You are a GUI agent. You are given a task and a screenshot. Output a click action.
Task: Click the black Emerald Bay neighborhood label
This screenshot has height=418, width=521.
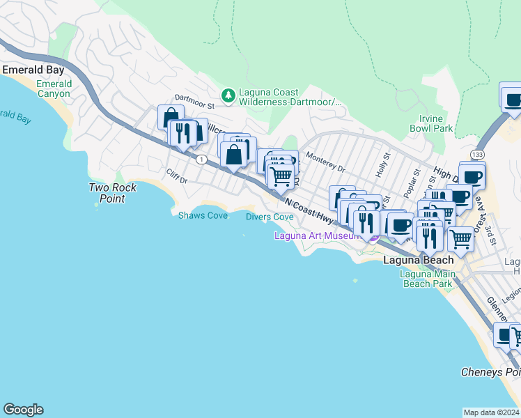(x=33, y=70)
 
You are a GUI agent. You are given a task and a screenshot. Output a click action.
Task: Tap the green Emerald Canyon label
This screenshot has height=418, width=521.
(x=54, y=88)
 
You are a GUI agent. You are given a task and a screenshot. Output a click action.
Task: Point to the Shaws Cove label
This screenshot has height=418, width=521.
(x=203, y=216)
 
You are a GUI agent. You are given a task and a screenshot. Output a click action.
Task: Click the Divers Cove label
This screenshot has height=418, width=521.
(x=270, y=217)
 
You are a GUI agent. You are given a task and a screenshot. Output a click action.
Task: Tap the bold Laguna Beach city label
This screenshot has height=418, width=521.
(x=419, y=260)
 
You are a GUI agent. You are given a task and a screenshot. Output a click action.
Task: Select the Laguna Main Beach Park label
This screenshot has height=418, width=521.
(x=428, y=279)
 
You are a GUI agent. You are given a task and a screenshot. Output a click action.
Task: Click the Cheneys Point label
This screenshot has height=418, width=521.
(x=490, y=372)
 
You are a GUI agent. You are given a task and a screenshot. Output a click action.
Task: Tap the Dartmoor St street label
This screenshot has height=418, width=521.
(x=194, y=102)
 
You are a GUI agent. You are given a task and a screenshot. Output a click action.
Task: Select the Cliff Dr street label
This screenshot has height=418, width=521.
(x=177, y=176)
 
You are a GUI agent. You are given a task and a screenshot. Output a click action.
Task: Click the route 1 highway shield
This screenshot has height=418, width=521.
(x=201, y=160)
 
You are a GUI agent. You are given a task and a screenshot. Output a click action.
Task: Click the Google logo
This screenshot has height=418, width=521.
(x=23, y=410)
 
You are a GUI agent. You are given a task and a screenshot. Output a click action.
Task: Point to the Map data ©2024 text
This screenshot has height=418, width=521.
(x=491, y=412)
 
